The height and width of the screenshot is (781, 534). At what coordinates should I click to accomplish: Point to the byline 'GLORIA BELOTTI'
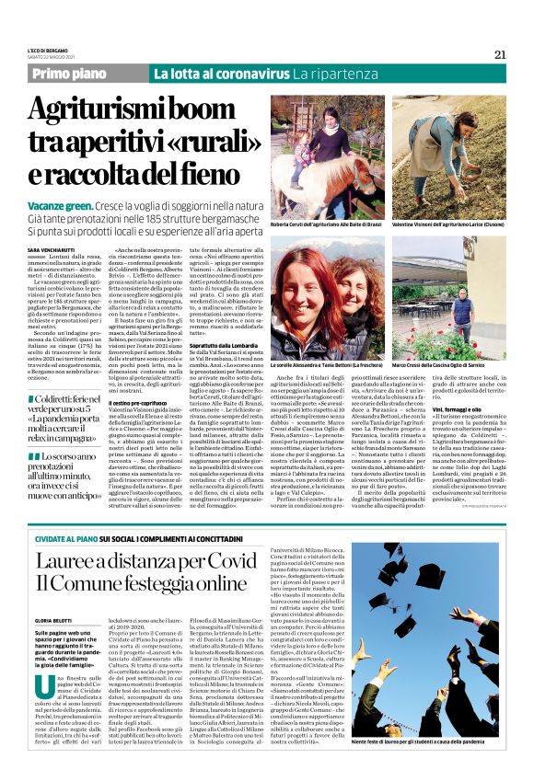pos(54,621)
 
